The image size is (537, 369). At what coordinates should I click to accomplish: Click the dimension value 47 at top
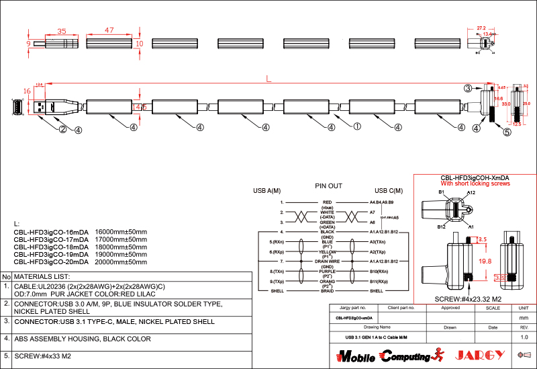coord(109,31)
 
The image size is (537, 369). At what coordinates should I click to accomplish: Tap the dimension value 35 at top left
coord(62,31)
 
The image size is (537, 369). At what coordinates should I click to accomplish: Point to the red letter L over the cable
coord(268,79)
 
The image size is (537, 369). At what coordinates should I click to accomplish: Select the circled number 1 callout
coord(357,126)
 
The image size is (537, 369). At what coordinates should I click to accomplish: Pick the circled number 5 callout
coord(507,132)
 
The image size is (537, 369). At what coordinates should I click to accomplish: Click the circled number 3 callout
coord(468,88)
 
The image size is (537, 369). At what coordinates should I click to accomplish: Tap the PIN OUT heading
coord(328,186)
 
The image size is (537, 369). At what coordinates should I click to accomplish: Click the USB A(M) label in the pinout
coord(266,190)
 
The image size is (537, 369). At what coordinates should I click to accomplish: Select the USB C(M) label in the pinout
coord(389,190)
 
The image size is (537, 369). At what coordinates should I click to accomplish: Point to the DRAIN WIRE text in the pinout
coord(328,261)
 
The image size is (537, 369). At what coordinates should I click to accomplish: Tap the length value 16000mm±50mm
coord(121,232)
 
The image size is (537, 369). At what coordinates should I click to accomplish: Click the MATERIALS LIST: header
coord(42,276)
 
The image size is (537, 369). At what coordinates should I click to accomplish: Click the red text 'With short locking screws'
coord(475,183)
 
